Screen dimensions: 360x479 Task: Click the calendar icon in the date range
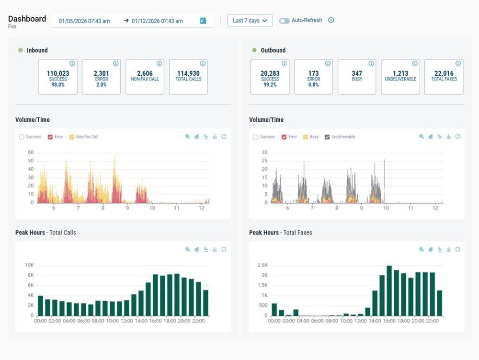203,21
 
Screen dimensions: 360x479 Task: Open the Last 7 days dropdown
250,21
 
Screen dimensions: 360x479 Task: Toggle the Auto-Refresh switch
285,21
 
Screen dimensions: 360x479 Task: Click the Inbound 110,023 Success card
57,77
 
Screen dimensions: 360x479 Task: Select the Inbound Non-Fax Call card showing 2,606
145,77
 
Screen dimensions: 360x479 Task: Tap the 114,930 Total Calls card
188,77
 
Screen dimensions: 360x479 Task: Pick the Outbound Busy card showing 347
357,77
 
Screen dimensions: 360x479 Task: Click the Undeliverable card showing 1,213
400,77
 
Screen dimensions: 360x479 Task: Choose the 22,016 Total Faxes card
444,77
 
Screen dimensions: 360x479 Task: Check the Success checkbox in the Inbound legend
22,137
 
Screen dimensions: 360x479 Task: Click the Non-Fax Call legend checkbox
72,137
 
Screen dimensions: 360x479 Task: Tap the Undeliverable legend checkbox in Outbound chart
328,137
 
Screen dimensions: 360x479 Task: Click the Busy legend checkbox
306,137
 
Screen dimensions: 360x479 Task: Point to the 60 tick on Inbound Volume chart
31,152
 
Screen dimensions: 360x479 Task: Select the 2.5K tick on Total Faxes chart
263,265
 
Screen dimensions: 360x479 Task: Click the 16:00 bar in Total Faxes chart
389,290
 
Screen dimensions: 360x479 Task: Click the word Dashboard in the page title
27,19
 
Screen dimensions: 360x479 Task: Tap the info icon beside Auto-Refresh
331,21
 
